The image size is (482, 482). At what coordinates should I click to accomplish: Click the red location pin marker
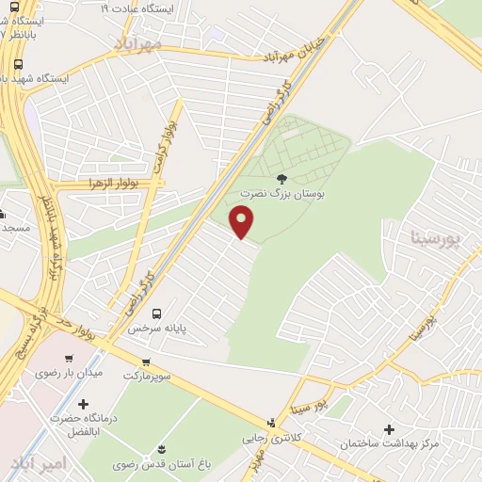pyautogui.click(x=242, y=221)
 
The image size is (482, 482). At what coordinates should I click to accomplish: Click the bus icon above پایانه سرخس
pyautogui.click(x=157, y=313)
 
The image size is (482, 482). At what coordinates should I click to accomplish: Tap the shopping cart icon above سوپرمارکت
pyautogui.click(x=146, y=361)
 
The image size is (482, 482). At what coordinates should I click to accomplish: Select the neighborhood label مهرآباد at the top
pyautogui.click(x=137, y=43)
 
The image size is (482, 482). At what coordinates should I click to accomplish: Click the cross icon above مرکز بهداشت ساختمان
pyautogui.click(x=389, y=429)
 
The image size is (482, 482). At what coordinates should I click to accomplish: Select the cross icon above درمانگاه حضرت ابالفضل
pyautogui.click(x=83, y=404)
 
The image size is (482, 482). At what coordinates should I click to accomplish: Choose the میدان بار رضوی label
pyautogui.click(x=68, y=373)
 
